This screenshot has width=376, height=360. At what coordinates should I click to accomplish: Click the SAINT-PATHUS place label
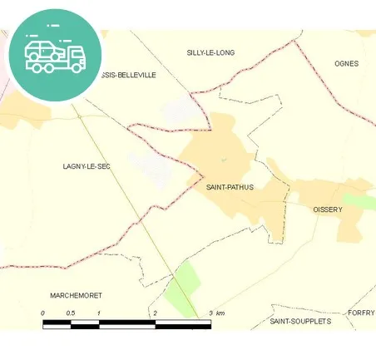[x=229, y=187]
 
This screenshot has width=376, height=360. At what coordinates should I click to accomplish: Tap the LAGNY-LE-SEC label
[x=87, y=166]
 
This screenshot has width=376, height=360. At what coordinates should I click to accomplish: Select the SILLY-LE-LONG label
[x=210, y=52]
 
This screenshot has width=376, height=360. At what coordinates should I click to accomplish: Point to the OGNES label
[x=346, y=63]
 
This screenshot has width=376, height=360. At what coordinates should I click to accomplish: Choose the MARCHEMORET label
[x=76, y=295]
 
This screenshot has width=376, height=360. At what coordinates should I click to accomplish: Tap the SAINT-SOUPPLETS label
[x=300, y=320]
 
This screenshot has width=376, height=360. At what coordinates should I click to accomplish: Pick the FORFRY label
[x=362, y=313]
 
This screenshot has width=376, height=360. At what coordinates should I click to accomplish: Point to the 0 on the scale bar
[x=42, y=313]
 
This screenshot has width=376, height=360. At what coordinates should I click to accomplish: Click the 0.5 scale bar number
[x=71, y=313]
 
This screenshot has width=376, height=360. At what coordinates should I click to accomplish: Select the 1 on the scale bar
[x=99, y=313]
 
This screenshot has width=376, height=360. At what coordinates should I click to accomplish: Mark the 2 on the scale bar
[x=155, y=313]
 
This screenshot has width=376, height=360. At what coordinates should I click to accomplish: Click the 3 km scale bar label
[x=216, y=313]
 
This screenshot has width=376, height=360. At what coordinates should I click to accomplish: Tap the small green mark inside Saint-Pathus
[x=223, y=160]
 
